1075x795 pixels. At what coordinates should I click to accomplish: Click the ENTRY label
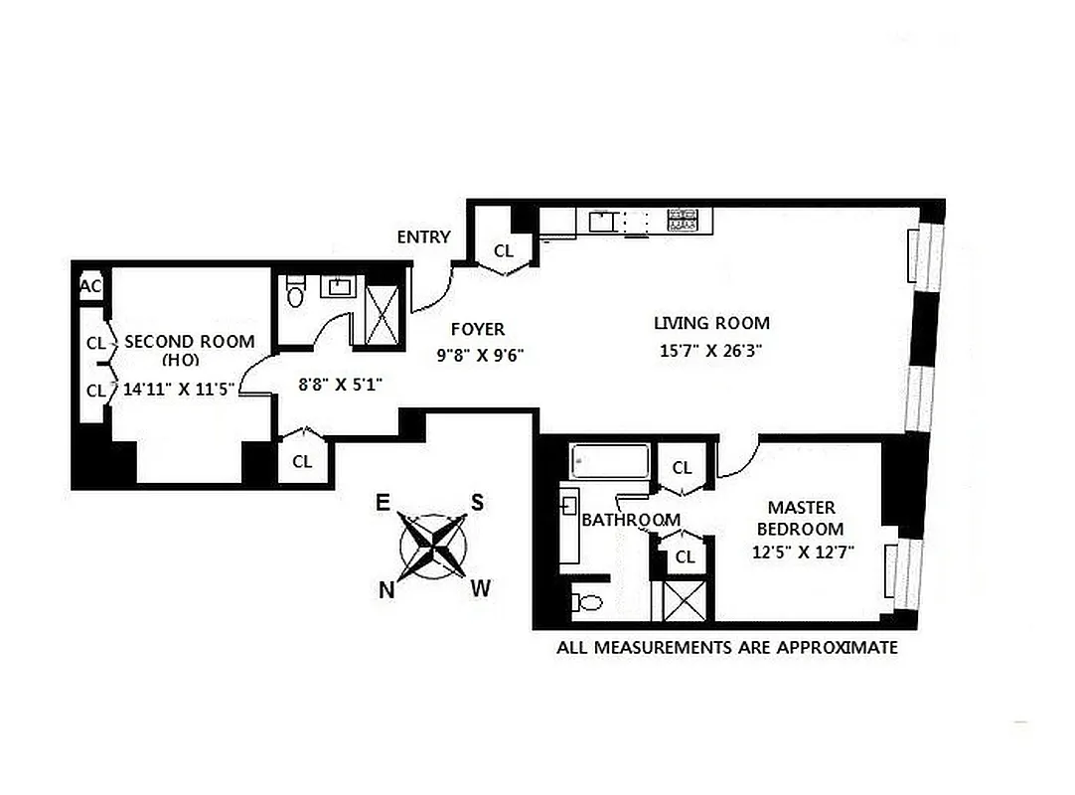[x=423, y=238]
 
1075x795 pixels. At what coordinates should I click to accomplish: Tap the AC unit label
[x=90, y=286]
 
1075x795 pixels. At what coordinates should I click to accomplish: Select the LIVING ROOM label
[x=711, y=323]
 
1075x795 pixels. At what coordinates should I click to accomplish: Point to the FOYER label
[x=478, y=329]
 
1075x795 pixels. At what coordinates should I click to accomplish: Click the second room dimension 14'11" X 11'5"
[x=175, y=390]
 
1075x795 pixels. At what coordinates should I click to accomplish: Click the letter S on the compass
[x=477, y=502]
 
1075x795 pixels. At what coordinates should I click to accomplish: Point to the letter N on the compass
[x=385, y=590]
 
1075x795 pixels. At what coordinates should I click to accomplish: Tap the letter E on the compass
[x=383, y=502]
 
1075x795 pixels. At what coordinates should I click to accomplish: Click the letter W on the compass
[x=480, y=589]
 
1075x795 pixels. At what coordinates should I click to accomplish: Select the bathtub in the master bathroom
[x=610, y=462]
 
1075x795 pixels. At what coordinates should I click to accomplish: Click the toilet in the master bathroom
[x=588, y=602]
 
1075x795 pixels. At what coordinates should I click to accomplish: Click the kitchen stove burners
[x=682, y=220]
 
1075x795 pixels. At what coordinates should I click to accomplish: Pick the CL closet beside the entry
[x=504, y=251]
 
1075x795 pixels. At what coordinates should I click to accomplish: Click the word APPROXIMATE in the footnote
[x=830, y=648]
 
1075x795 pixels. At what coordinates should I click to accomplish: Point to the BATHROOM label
[x=631, y=520]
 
